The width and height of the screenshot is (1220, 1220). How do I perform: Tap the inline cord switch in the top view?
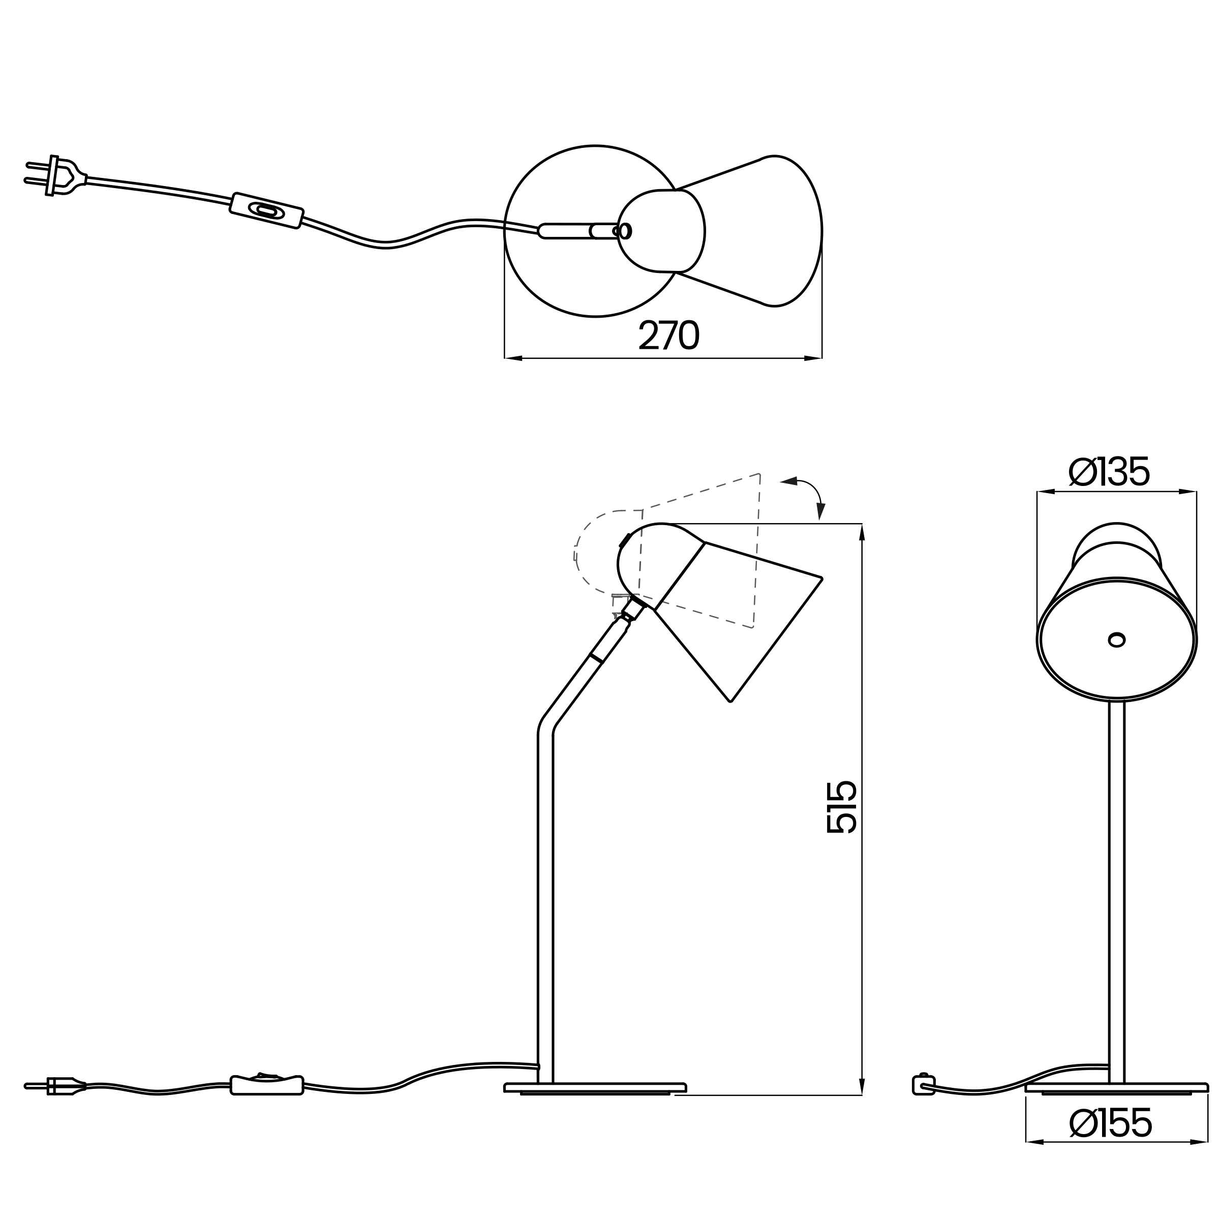pos(267,210)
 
